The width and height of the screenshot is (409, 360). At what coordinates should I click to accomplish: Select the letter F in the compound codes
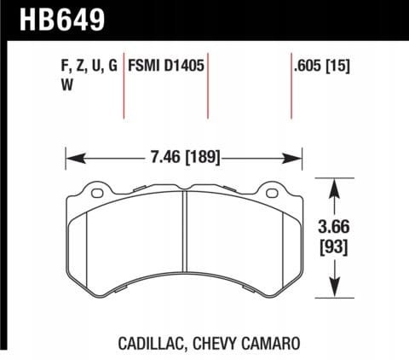(66, 64)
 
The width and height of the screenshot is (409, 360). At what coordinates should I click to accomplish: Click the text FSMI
(145, 64)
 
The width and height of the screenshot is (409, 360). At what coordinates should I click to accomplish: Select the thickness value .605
(306, 64)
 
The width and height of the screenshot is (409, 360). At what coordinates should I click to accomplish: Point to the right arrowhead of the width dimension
(297, 156)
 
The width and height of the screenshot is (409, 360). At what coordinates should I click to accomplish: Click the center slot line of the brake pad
(185, 242)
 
